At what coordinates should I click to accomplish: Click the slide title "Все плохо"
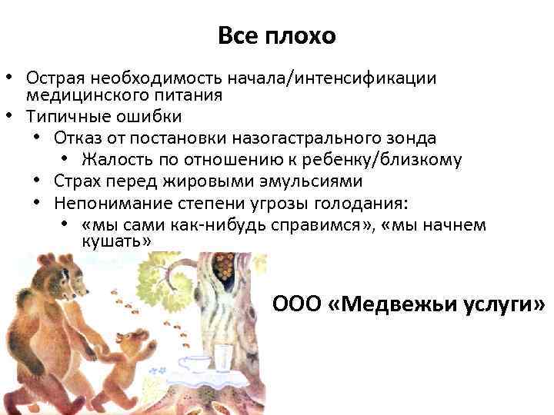click(277, 36)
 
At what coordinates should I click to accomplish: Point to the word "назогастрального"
click(303, 138)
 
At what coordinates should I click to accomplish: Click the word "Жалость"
click(114, 160)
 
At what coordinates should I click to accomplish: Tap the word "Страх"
click(77, 181)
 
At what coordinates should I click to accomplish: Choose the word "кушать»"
click(115, 241)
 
